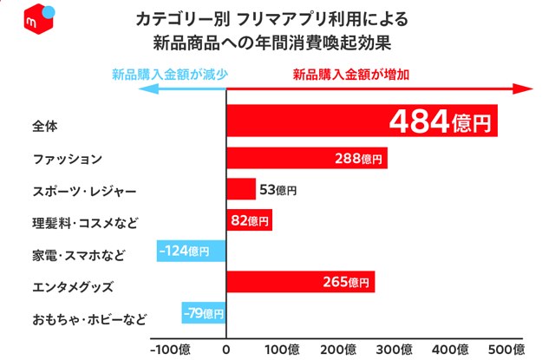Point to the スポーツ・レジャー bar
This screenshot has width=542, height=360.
click(x=241, y=189)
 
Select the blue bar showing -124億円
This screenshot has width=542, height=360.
click(x=191, y=252)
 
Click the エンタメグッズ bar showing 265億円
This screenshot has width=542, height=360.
click(x=300, y=283)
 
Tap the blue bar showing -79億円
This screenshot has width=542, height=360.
click(x=203, y=313)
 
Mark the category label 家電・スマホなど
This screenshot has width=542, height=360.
click(x=77, y=254)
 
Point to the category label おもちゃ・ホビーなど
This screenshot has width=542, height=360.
click(x=88, y=318)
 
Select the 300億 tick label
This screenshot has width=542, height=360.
click(x=396, y=349)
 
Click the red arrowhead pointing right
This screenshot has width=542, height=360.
click(x=523, y=88)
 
